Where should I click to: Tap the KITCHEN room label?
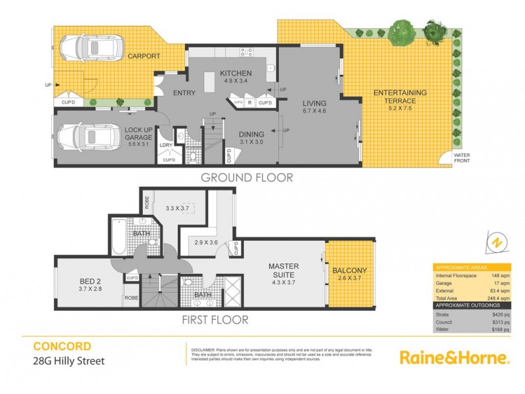pos(234,73)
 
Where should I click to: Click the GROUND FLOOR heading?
pos(246,177)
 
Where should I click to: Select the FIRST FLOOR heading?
pos(215,320)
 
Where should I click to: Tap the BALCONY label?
pos(349,271)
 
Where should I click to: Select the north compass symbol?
pos(497,242)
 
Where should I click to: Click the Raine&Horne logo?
pos(454,357)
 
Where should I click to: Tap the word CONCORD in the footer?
pos(62,345)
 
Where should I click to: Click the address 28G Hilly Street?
pos(69,361)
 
